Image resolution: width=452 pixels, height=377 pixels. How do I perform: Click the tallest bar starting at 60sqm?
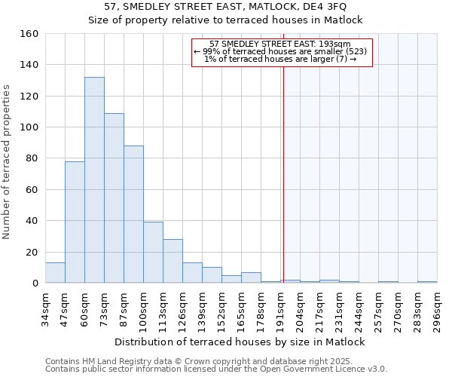click(x=94, y=180)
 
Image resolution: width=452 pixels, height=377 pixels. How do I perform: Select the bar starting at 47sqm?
click(x=75, y=222)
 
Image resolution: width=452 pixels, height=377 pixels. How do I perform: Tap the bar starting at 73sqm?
click(x=114, y=198)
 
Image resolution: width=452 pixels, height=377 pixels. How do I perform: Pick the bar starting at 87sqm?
click(x=133, y=214)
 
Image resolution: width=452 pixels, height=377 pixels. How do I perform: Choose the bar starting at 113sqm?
click(x=173, y=261)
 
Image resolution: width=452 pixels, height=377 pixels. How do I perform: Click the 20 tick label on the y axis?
click(x=32, y=253)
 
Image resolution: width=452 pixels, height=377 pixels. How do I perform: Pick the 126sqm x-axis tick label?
click(x=184, y=308)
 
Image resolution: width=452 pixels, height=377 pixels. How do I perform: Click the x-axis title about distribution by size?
click(x=241, y=342)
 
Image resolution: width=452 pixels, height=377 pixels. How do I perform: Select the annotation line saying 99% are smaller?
click(x=280, y=51)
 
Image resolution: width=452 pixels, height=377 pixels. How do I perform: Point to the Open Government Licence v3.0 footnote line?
click(x=216, y=369)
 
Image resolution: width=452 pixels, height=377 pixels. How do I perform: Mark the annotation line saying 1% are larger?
click(x=280, y=59)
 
